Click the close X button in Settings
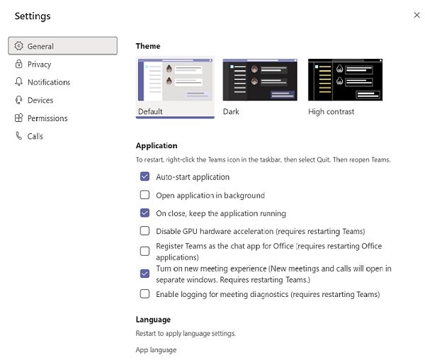point(416,15)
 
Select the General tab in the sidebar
point(62,46)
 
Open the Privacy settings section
point(39,64)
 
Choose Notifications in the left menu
point(48,82)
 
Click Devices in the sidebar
point(40,101)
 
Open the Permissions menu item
point(47,118)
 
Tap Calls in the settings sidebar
point(35,136)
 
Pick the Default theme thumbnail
point(175,80)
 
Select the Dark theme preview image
point(260,80)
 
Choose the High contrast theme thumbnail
point(345,80)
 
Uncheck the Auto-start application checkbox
point(144,177)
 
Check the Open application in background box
point(144,195)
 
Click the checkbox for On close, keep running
point(144,213)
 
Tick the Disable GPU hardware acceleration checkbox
point(144,231)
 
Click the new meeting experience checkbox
point(144,273)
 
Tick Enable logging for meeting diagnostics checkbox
point(144,294)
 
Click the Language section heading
point(153,320)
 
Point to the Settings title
point(33,16)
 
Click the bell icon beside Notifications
point(19,82)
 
